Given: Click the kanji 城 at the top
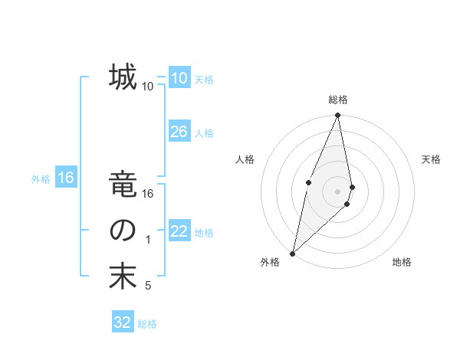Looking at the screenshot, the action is click(x=123, y=77).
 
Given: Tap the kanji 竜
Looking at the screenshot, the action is click(x=123, y=185).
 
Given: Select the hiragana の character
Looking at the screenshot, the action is click(x=123, y=231).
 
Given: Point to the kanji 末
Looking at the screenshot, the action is click(x=123, y=277).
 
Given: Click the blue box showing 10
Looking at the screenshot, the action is click(x=179, y=77).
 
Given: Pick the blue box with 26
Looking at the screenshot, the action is click(x=179, y=132).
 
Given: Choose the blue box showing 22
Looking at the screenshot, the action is click(x=179, y=231).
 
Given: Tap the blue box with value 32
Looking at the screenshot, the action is click(x=123, y=322).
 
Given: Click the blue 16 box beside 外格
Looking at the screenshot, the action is click(x=65, y=178).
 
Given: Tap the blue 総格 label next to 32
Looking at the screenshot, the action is click(x=147, y=324).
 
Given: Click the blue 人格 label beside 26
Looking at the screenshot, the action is click(x=204, y=133).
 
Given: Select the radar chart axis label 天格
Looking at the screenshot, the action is click(x=432, y=159).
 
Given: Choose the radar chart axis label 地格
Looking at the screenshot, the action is click(x=402, y=263).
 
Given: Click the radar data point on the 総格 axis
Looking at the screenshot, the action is click(x=337, y=116).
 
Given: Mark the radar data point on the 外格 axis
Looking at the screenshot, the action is click(x=292, y=254).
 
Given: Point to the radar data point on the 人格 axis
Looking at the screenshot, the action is click(x=308, y=182).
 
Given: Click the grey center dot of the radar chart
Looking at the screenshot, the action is click(x=337, y=191).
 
